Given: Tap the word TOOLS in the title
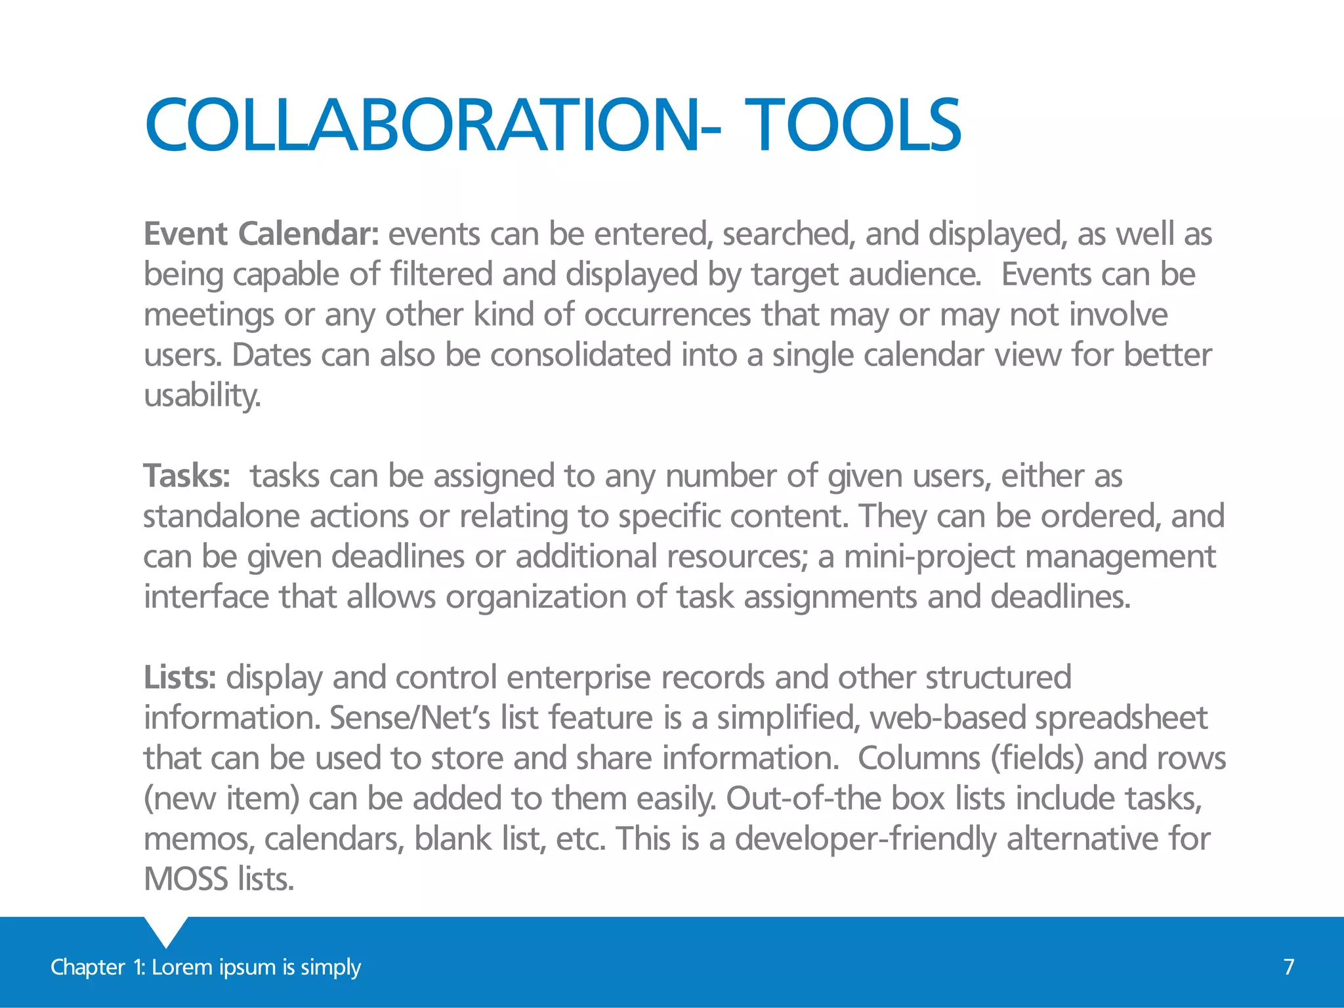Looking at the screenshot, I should click(853, 125).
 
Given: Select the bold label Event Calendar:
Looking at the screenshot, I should click(261, 234).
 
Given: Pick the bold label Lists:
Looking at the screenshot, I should click(180, 678).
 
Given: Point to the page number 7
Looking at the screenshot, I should click(1289, 967).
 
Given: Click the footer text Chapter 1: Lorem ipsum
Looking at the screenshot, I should click(205, 967).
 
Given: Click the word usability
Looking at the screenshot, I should click(202, 396).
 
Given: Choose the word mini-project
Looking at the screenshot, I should click(929, 557).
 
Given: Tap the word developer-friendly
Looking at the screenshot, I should click(866, 839).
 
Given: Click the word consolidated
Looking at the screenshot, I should click(580, 356).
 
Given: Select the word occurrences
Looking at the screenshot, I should click(667, 315).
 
